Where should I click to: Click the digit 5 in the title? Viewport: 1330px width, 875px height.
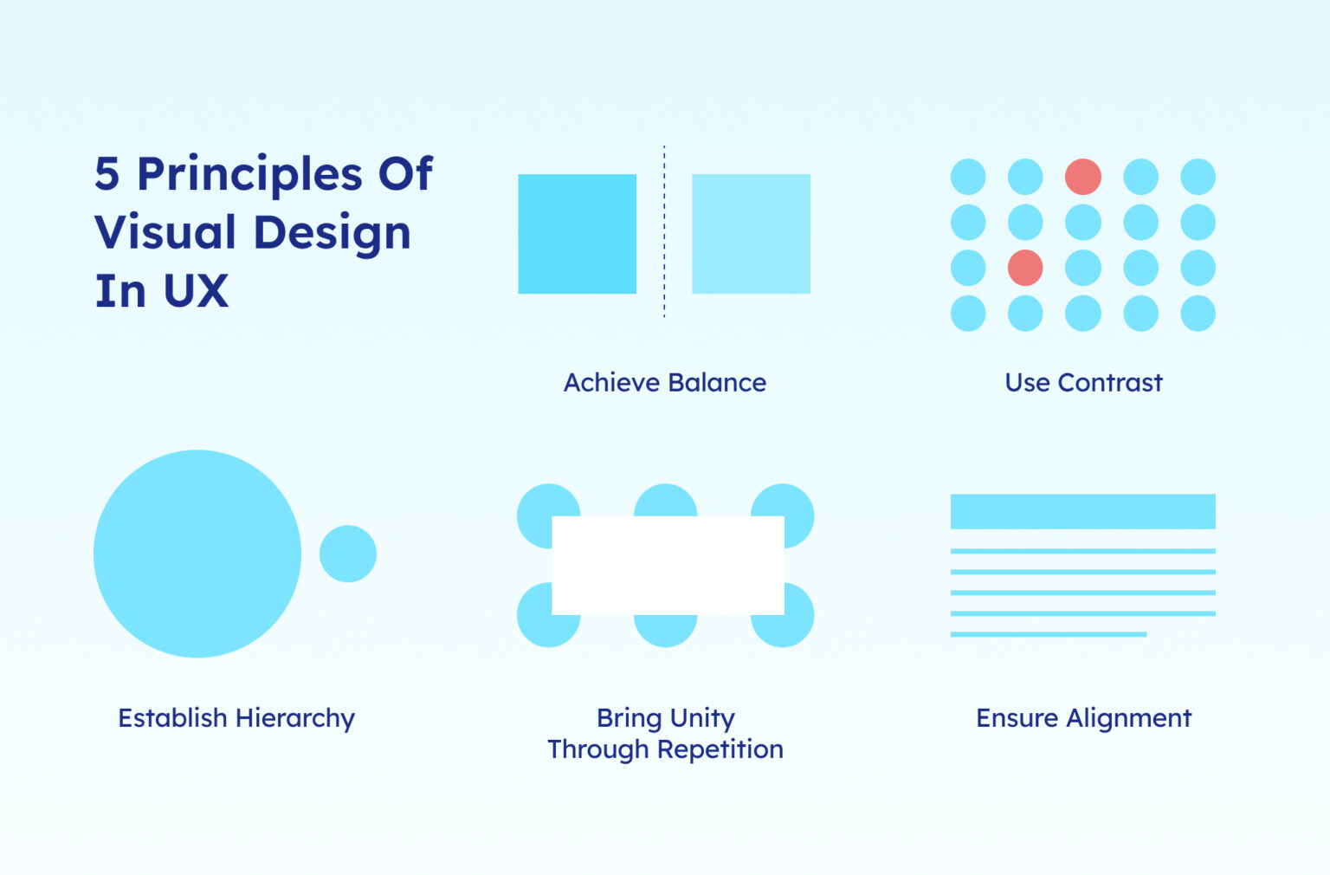[x=107, y=174]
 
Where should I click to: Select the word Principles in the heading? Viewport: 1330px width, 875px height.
[x=250, y=176]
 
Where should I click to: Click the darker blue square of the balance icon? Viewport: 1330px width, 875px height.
[x=577, y=234]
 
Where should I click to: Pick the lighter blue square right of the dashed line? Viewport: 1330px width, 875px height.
[x=751, y=234]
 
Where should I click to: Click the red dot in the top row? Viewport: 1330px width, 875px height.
[x=1082, y=177]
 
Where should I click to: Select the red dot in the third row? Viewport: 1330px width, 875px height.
[x=1025, y=268]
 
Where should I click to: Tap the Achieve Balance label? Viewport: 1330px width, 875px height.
[x=664, y=383]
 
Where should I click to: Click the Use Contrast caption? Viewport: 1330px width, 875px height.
[x=1083, y=383]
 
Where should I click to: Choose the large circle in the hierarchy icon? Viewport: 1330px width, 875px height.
[x=197, y=554]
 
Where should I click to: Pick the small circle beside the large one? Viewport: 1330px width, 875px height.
[x=348, y=554]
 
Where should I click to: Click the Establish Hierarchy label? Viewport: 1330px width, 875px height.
[x=236, y=718]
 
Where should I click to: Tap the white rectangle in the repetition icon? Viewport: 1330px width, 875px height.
[x=668, y=566]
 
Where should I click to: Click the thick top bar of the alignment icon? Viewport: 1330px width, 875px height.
[x=1082, y=511]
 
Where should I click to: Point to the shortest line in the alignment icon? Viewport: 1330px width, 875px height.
[x=1048, y=634]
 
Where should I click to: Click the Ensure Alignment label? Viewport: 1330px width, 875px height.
[x=1083, y=718]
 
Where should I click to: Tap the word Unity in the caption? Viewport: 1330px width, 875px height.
[x=702, y=718]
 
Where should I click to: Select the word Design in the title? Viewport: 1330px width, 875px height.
[x=332, y=233]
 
